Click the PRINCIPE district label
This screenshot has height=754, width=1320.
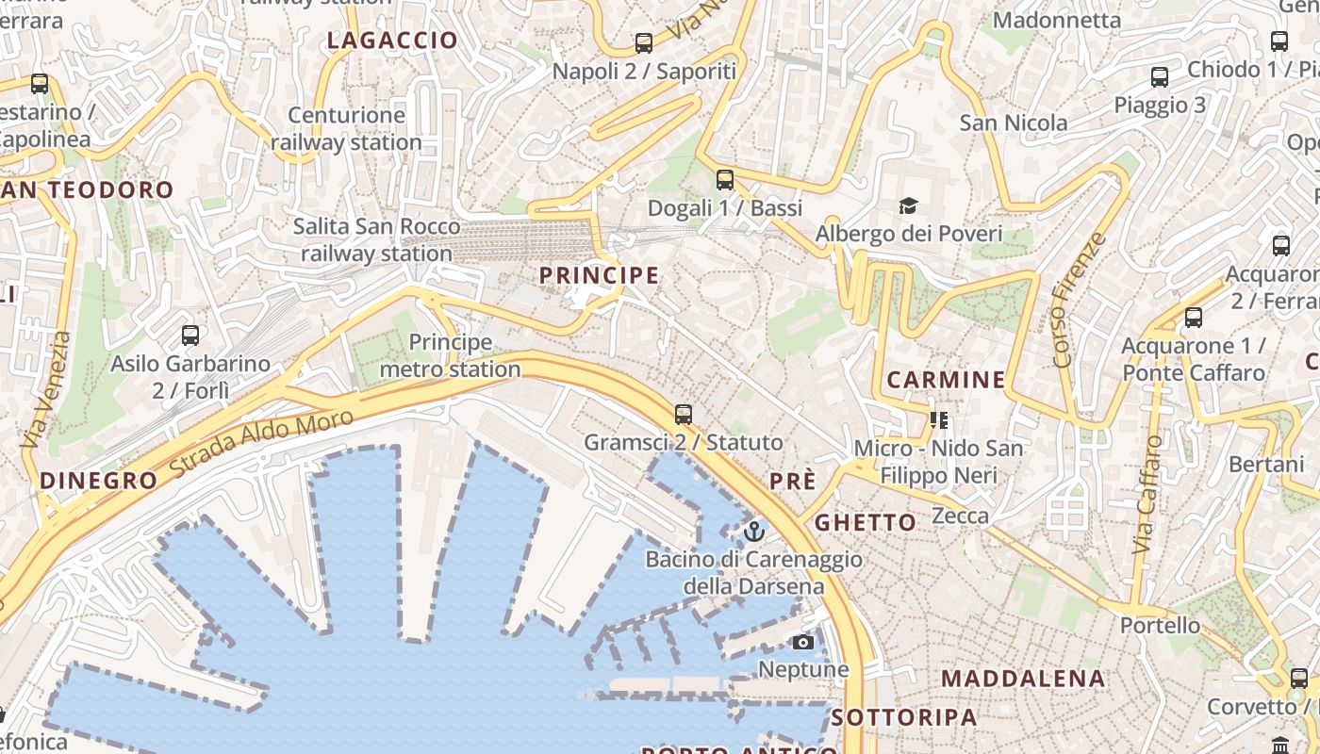[x=599, y=275]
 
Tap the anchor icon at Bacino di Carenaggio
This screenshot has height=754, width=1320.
[x=753, y=532]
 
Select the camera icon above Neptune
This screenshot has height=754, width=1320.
[x=803, y=643]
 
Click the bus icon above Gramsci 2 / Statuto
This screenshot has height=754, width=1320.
[x=684, y=414]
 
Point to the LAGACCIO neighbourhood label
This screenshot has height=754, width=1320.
[x=392, y=41]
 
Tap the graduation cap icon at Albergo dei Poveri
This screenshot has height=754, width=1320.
[x=908, y=205]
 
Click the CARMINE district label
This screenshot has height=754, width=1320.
[x=947, y=380]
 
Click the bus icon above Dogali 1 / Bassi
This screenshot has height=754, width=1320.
[x=724, y=179]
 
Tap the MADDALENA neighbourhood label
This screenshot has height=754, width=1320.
[x=1023, y=679]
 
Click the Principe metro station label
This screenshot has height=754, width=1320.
[x=450, y=355]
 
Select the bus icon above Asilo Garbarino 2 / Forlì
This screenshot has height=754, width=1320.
[x=190, y=335]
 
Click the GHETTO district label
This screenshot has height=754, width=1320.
[x=866, y=522]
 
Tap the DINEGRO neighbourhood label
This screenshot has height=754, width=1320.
[x=99, y=481]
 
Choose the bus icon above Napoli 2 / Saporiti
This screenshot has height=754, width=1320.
[x=644, y=42]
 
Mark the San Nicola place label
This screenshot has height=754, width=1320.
[x=1014, y=123]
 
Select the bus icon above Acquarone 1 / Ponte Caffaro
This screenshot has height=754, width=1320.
[x=1194, y=318]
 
